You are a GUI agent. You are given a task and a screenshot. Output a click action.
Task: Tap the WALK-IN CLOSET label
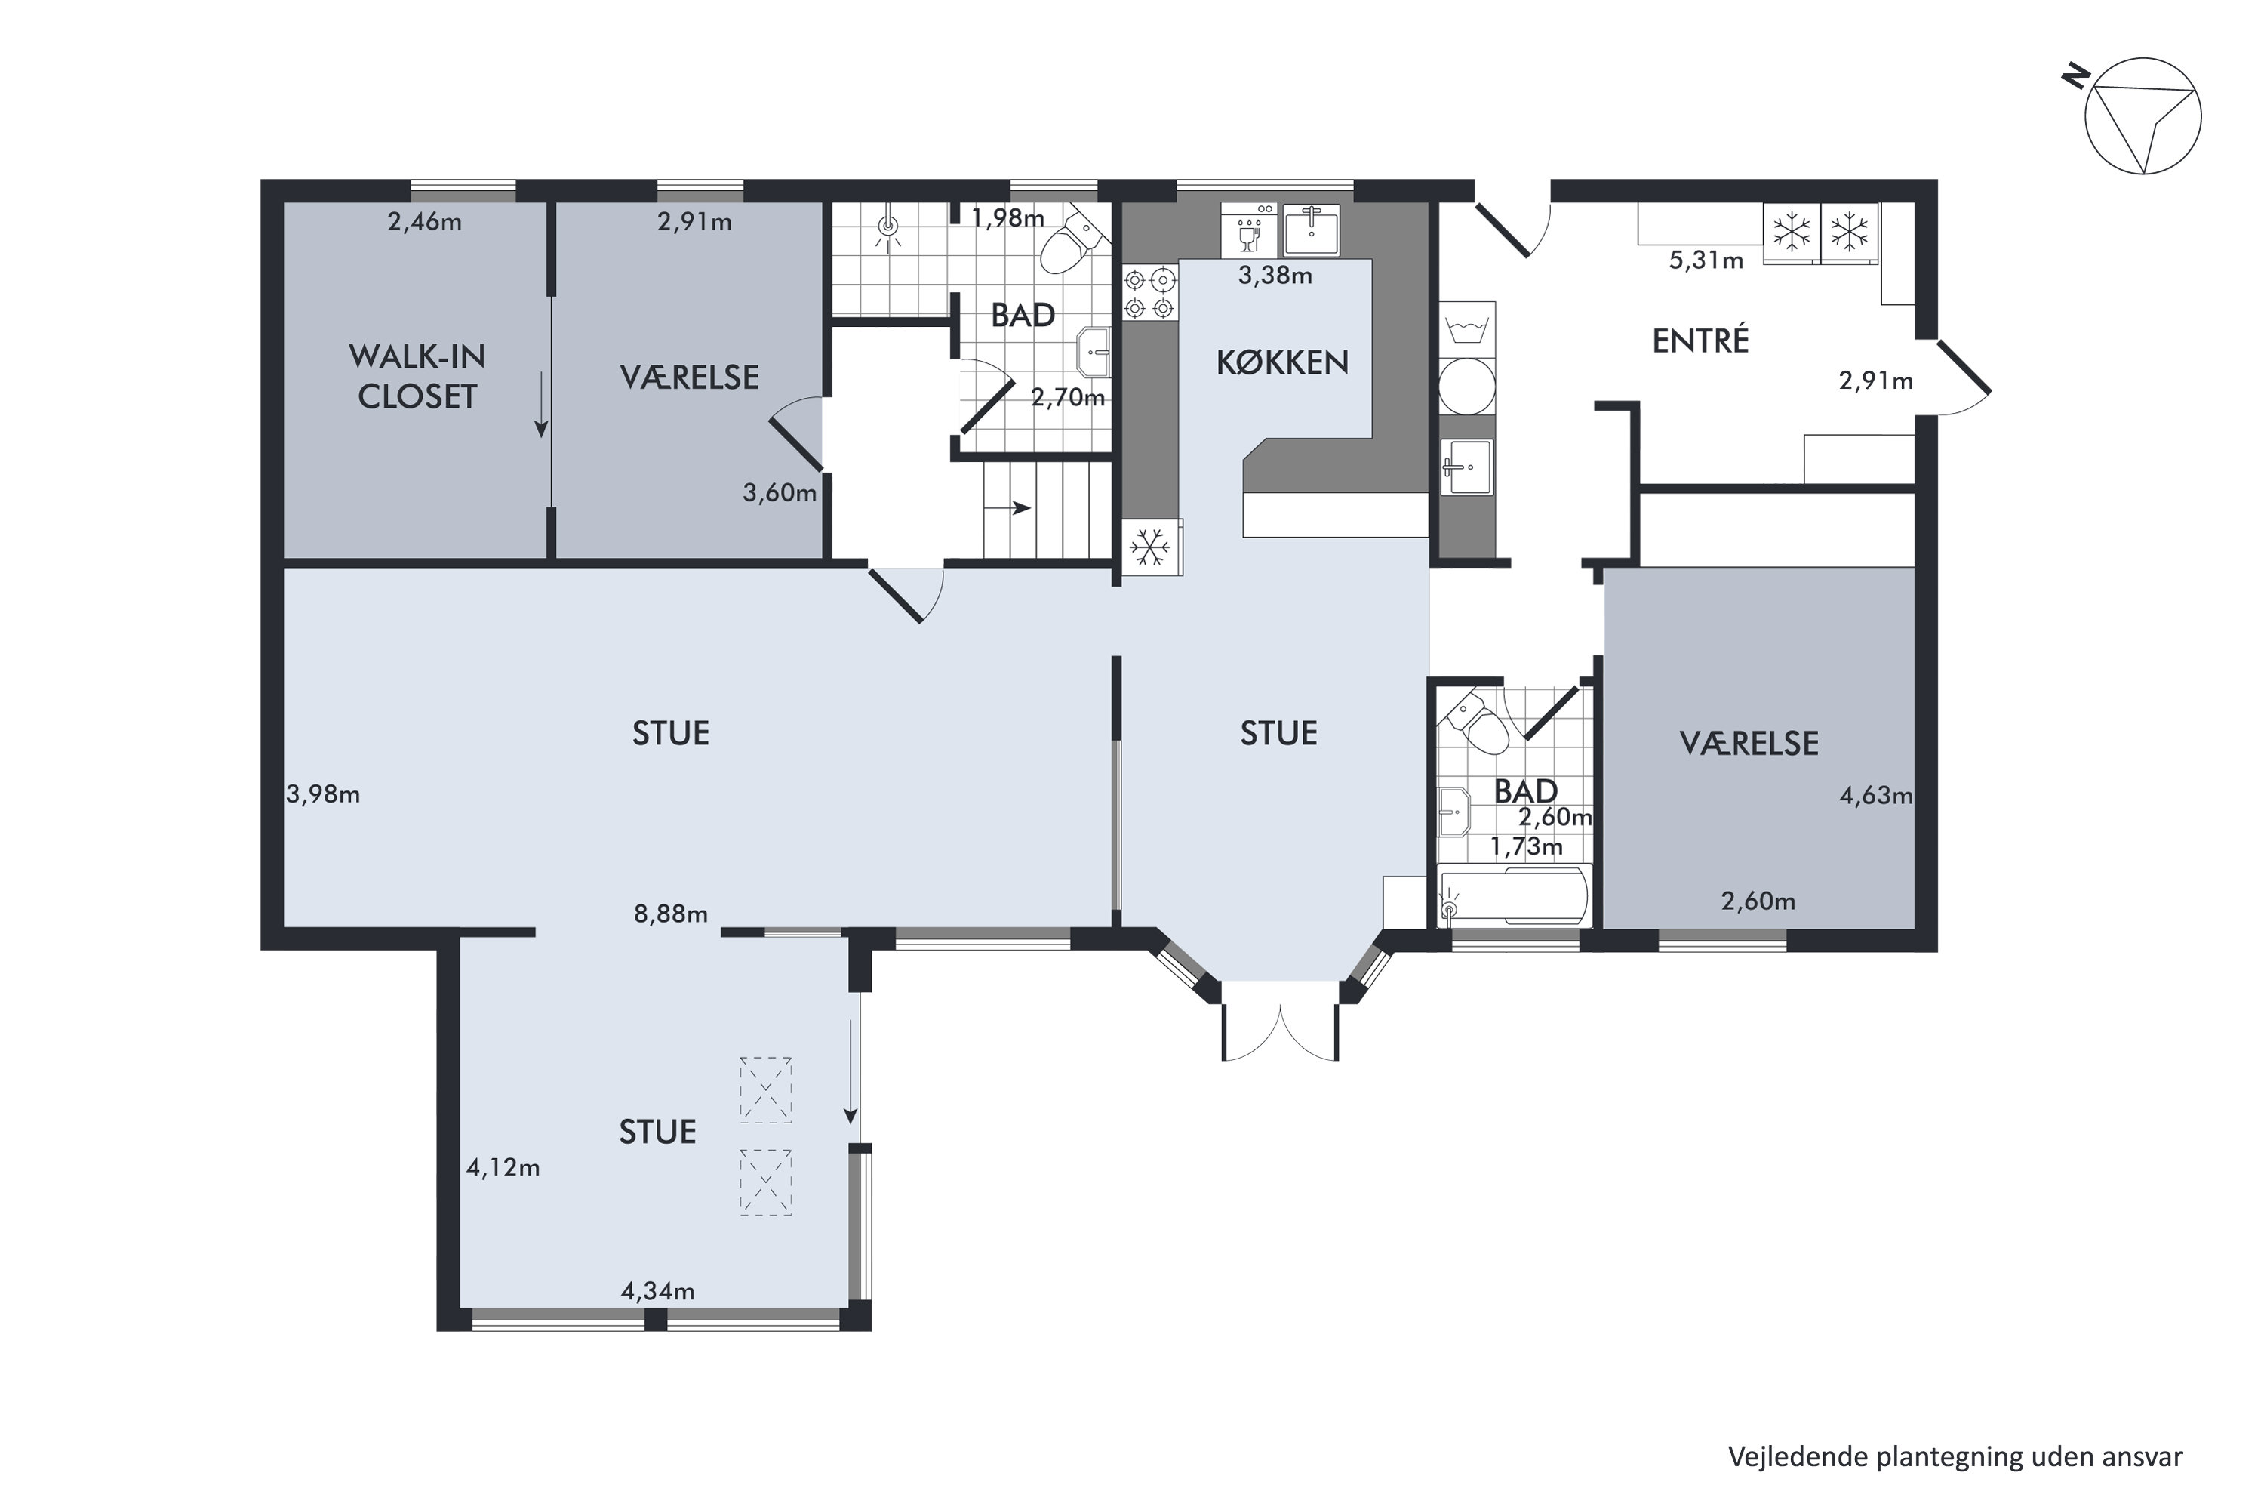click(417, 377)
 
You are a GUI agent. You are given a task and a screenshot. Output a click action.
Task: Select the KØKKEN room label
click(1282, 362)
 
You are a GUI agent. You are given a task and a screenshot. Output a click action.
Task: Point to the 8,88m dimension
click(671, 914)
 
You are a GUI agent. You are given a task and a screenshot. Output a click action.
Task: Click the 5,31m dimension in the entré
click(1706, 260)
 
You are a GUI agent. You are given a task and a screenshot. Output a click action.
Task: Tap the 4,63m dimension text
click(1875, 796)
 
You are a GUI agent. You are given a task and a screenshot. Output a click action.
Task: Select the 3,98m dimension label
click(324, 794)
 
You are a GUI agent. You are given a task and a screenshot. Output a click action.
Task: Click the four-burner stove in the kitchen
click(1149, 294)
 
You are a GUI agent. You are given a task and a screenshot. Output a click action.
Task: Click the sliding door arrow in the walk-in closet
click(542, 403)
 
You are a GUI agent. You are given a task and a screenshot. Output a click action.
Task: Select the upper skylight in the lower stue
click(765, 1090)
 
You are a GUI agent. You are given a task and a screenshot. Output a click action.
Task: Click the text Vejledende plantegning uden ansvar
click(1955, 1457)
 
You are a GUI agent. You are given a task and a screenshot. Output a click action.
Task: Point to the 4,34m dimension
click(657, 1290)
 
